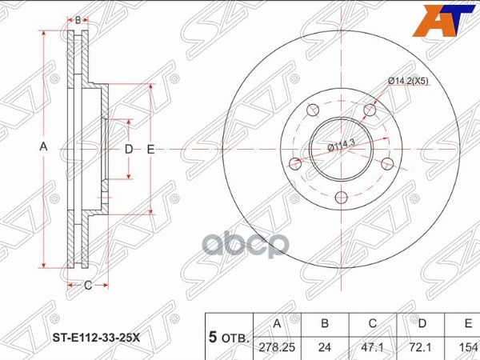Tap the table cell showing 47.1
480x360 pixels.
[373, 347]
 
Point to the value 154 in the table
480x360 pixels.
[466, 347]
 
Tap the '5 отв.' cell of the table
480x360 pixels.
[229, 335]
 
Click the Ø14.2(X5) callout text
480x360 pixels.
[413, 81]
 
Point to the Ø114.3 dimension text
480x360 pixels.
[341, 144]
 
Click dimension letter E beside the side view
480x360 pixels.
[150, 150]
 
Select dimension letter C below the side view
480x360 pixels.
[88, 285]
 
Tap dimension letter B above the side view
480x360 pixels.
[78, 17]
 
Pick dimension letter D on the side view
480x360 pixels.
[128, 150]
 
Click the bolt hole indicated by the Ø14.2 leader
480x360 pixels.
[369, 110]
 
